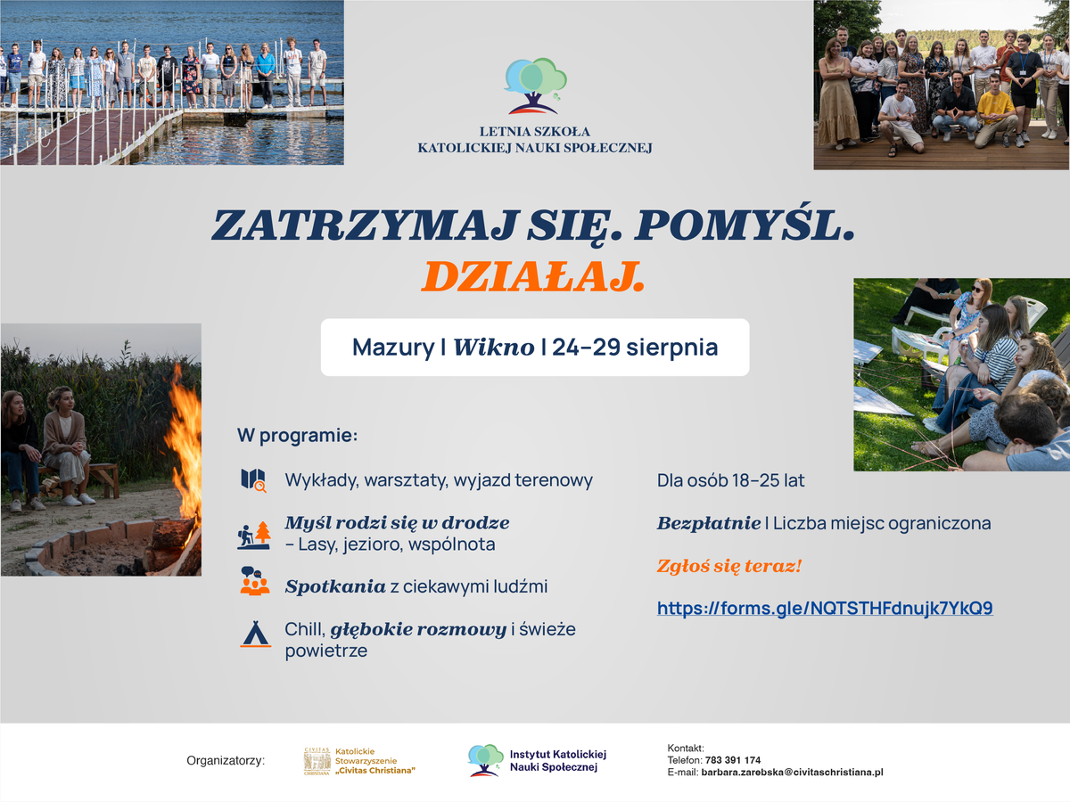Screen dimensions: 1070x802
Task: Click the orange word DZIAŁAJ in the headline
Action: (x=533, y=276)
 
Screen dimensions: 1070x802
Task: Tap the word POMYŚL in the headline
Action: (x=745, y=224)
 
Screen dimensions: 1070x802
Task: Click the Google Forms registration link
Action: (x=825, y=608)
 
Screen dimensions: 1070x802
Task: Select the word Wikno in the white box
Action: (x=494, y=348)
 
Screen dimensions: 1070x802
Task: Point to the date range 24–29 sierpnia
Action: (x=635, y=348)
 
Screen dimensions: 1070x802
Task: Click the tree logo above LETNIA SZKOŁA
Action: (x=535, y=86)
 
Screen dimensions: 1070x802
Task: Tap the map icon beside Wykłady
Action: (x=253, y=480)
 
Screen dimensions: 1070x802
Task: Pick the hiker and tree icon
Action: (x=254, y=536)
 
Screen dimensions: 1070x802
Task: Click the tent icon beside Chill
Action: (x=255, y=634)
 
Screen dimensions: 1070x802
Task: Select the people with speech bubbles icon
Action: (x=254, y=580)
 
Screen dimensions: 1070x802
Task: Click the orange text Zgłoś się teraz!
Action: (x=729, y=566)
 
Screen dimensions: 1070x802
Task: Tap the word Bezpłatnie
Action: (x=709, y=523)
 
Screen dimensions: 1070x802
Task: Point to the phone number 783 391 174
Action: (x=733, y=760)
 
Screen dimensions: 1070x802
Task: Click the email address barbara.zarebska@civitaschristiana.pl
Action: (x=792, y=773)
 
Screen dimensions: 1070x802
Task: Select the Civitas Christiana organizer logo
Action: (x=359, y=761)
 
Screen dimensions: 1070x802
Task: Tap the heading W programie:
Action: (x=297, y=436)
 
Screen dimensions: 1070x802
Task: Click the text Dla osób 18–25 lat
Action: (x=730, y=480)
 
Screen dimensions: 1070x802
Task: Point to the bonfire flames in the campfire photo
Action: (x=185, y=448)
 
